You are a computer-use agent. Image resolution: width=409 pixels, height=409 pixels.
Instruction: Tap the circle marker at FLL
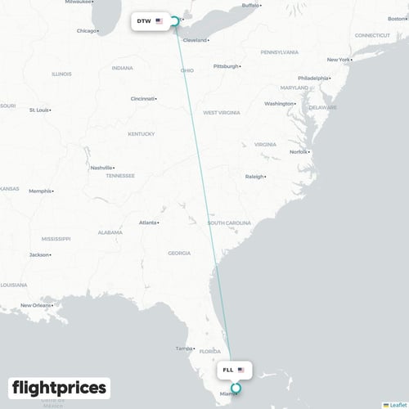point(236,389)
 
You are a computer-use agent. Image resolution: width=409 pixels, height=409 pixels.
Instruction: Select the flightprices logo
point(58,387)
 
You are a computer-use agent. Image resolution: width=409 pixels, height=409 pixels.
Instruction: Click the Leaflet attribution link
point(396,404)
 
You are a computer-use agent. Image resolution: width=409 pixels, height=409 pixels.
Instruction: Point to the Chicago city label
point(86,31)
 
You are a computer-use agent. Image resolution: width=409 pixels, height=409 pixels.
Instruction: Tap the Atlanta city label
point(148,222)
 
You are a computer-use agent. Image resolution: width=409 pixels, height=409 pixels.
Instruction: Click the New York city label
point(338,60)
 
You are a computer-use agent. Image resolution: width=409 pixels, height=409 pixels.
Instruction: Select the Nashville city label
point(101,168)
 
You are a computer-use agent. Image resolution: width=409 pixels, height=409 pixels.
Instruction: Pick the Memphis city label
point(39,191)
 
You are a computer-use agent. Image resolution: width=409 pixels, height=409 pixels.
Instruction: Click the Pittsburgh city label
point(226,66)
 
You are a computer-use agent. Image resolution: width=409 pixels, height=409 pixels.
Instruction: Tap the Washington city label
point(279,104)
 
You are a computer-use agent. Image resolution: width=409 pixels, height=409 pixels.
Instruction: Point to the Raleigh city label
point(254,177)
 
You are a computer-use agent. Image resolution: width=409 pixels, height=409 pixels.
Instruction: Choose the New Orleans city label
point(36,306)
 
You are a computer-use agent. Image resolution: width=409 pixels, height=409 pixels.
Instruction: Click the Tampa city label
point(183,349)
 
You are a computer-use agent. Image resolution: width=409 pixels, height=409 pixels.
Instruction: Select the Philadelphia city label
point(312,79)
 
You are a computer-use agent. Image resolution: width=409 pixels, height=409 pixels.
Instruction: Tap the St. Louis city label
point(38,110)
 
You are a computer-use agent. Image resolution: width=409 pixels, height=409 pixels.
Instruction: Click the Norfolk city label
point(299,152)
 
